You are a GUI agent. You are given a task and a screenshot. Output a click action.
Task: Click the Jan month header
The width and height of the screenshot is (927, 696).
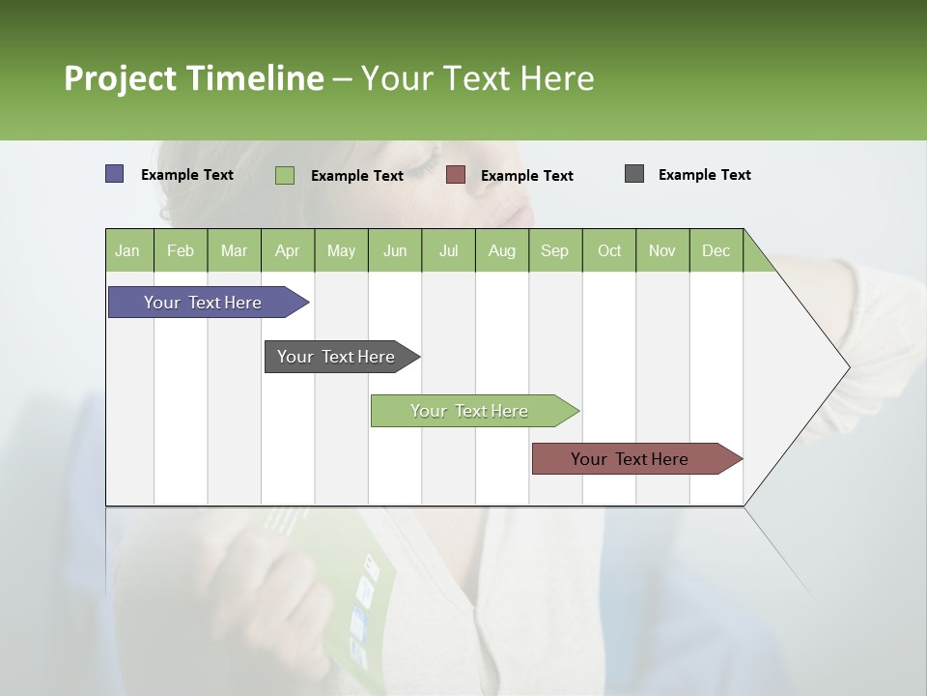[x=128, y=250]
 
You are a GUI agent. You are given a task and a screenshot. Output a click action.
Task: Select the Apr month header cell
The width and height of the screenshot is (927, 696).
[x=288, y=250]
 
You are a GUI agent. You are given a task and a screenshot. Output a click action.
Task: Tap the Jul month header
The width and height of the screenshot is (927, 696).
[x=448, y=250]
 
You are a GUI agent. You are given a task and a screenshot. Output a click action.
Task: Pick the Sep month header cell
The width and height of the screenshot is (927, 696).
[x=555, y=250]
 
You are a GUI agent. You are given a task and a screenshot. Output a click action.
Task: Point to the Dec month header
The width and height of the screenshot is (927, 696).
[x=716, y=250]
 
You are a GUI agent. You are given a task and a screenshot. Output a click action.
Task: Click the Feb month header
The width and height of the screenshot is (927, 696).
[x=181, y=250]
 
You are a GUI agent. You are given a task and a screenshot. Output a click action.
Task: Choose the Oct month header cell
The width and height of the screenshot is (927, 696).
[x=609, y=250]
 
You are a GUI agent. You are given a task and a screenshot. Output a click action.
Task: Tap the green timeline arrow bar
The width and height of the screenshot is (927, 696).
[x=470, y=411]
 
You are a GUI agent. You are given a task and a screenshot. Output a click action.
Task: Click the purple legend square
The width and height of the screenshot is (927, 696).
[x=115, y=174]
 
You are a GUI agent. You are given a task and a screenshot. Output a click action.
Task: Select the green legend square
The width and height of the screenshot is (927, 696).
[x=285, y=175]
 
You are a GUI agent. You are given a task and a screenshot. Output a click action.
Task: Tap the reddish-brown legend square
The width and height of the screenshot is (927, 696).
[x=456, y=175]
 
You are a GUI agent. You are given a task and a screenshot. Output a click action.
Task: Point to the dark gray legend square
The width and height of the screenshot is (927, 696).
[x=634, y=174]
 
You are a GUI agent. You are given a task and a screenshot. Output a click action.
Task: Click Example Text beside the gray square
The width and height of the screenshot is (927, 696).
[x=704, y=175]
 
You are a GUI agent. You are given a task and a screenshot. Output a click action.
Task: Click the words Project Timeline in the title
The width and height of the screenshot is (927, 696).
[x=194, y=78]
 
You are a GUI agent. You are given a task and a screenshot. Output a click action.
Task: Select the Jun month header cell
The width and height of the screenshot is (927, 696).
[x=395, y=250]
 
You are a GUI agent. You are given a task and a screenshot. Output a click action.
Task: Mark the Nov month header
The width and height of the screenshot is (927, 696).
[x=662, y=250]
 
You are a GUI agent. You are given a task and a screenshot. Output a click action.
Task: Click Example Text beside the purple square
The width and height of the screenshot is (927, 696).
[x=187, y=175]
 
